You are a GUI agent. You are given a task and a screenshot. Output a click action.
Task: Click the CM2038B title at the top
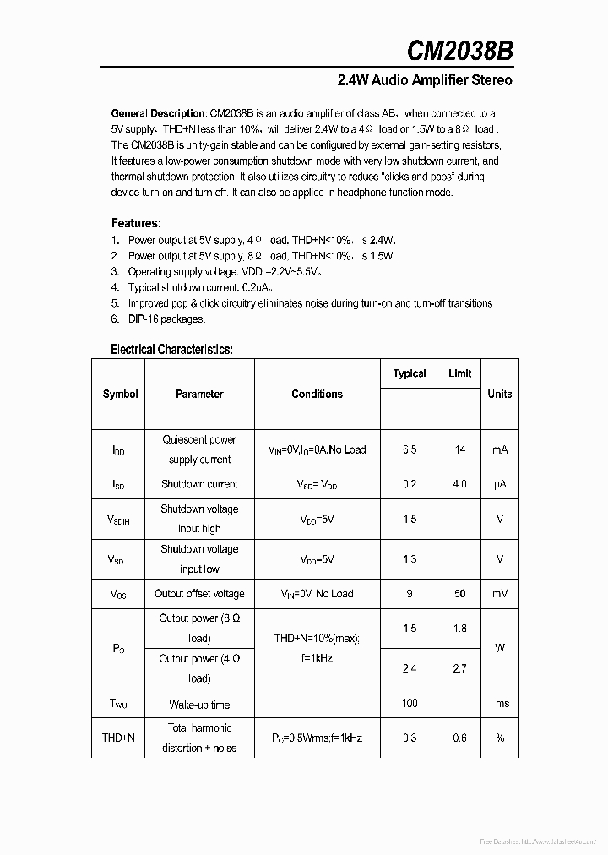[x=459, y=50]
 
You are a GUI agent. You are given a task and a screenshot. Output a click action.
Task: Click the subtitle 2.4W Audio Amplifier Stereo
[x=424, y=81]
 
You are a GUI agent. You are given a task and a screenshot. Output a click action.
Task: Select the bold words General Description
[x=158, y=113]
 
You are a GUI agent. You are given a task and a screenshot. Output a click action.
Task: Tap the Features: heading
[x=136, y=223]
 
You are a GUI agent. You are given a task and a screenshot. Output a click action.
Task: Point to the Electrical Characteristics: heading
[x=171, y=349]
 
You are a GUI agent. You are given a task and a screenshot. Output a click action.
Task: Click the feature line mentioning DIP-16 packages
[x=166, y=319]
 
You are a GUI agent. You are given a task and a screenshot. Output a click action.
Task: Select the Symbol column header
[x=120, y=394]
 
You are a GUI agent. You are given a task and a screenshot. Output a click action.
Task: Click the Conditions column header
[x=317, y=394]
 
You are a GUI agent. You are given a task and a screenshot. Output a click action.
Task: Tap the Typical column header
[x=410, y=373]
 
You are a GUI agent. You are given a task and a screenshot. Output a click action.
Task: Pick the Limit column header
[x=460, y=373]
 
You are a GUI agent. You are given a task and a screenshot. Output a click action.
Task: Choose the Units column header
[x=499, y=394]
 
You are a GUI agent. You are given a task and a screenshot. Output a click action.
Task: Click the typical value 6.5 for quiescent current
[x=410, y=449]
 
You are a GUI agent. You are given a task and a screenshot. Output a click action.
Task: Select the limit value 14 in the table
[x=460, y=449]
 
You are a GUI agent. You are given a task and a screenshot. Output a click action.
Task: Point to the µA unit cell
[x=499, y=484]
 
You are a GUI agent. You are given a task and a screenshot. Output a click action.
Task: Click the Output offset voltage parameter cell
[x=199, y=594]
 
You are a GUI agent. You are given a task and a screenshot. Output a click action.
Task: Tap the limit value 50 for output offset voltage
[x=460, y=594]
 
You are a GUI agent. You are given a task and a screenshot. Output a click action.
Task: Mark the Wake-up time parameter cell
[x=199, y=705]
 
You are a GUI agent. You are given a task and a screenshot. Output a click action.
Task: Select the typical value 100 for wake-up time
[x=410, y=703]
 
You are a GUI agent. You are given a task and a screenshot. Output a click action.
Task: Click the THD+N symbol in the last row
[x=118, y=738]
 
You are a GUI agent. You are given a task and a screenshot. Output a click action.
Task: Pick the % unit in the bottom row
[x=499, y=738]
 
